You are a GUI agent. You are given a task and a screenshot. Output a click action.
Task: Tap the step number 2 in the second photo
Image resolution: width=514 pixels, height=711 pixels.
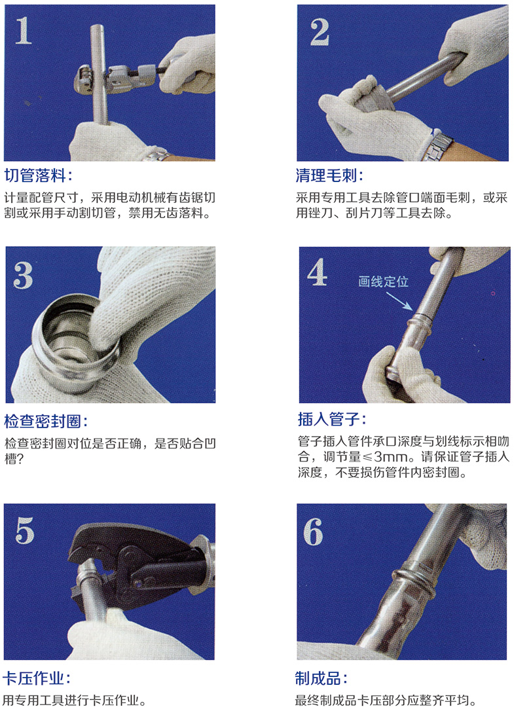pyautogui.click(x=320, y=31)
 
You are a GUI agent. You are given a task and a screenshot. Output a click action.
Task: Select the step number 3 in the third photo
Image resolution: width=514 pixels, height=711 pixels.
pyautogui.click(x=23, y=276)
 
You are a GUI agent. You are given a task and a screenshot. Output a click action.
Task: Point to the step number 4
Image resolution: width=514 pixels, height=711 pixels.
pyautogui.click(x=318, y=274)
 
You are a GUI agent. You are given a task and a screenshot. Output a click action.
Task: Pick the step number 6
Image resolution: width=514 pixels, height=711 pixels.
pyautogui.click(x=314, y=532)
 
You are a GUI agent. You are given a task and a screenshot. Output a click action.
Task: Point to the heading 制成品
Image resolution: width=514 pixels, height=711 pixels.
pyautogui.click(x=321, y=678)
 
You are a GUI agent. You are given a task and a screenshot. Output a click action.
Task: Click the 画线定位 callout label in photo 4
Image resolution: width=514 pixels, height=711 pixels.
pyautogui.click(x=383, y=282)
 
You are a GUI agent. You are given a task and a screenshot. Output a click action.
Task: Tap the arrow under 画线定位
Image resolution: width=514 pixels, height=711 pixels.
pyautogui.click(x=399, y=300)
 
